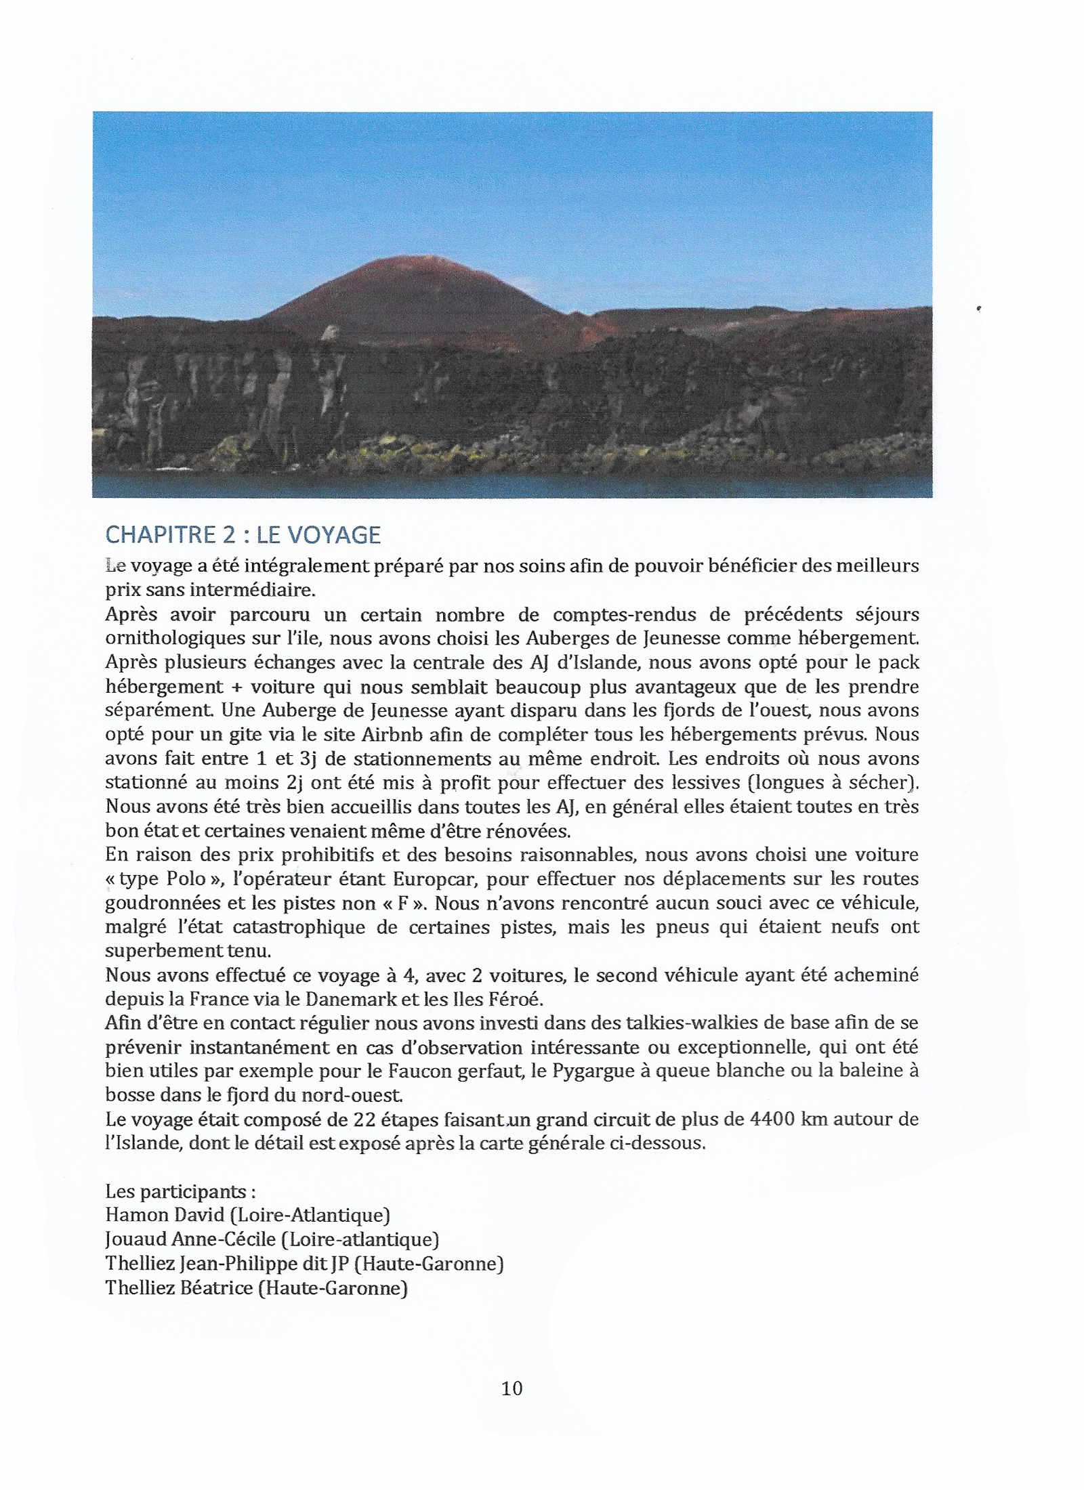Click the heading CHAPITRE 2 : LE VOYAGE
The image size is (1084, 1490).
click(243, 535)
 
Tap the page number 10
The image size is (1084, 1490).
click(512, 1388)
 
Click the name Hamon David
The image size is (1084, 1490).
click(165, 1215)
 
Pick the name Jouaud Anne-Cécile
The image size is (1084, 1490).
click(190, 1239)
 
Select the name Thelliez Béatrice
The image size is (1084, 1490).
click(179, 1287)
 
